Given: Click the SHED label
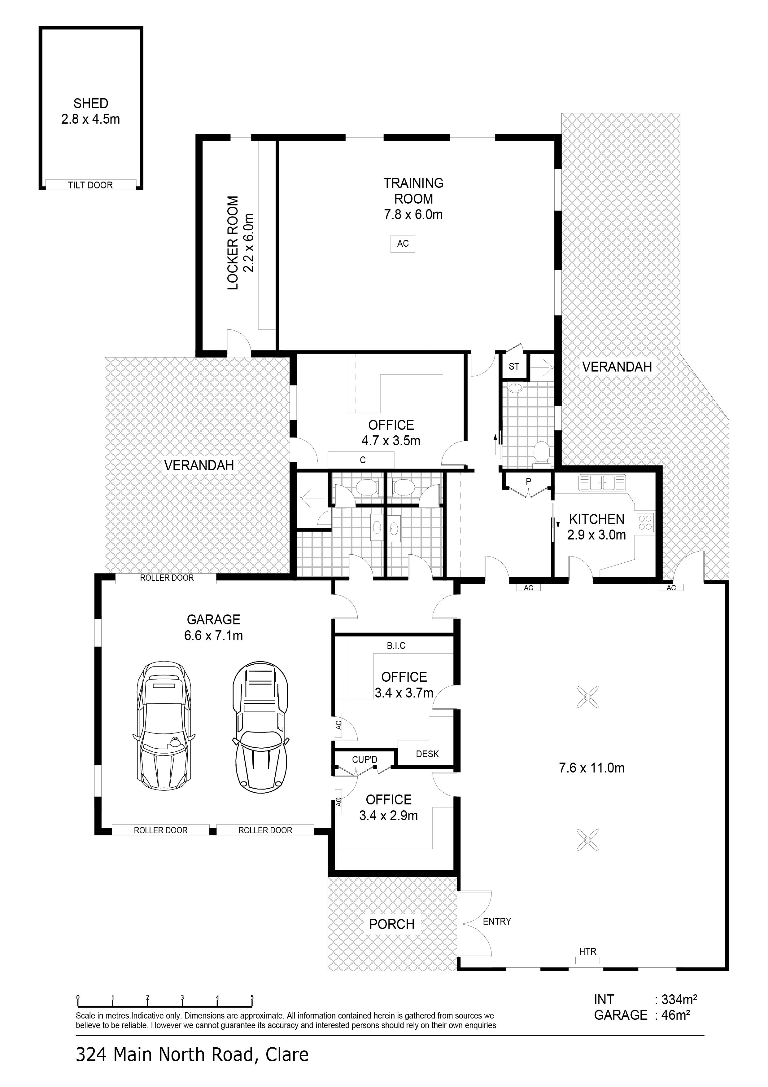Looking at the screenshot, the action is point(90,103).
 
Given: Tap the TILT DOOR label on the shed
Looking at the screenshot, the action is point(90,185).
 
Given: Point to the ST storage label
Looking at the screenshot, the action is point(514,367).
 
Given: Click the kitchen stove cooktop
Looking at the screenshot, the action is point(645,522).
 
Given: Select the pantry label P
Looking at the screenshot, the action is point(529,482).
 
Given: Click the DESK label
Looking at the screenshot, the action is point(427,754).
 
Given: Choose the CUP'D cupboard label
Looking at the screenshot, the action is point(364,760).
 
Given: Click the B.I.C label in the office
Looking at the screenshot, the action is point(396,646).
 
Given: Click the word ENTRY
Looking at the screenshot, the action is point(497,921).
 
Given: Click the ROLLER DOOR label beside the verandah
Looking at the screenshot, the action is point(167,578).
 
